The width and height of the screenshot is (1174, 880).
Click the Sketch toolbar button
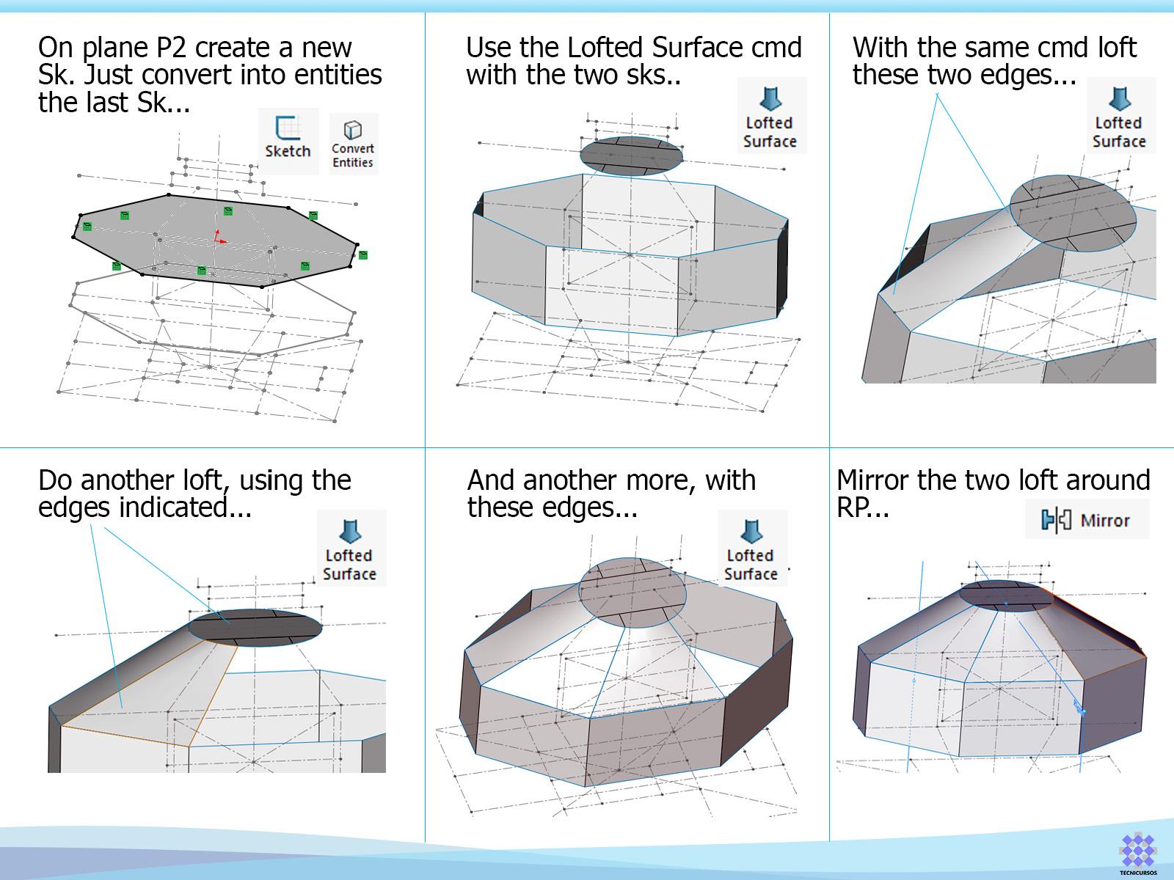(288, 140)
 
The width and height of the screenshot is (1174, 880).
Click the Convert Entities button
(353, 144)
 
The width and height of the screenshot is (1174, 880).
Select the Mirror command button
(1087, 520)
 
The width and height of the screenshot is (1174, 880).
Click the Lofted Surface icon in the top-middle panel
(770, 116)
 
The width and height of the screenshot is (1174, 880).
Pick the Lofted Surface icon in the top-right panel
(1120, 116)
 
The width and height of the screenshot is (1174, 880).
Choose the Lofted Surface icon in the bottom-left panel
(350, 549)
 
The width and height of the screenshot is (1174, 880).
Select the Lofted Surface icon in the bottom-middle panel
(751, 549)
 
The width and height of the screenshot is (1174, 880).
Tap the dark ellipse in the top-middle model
(631, 155)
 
